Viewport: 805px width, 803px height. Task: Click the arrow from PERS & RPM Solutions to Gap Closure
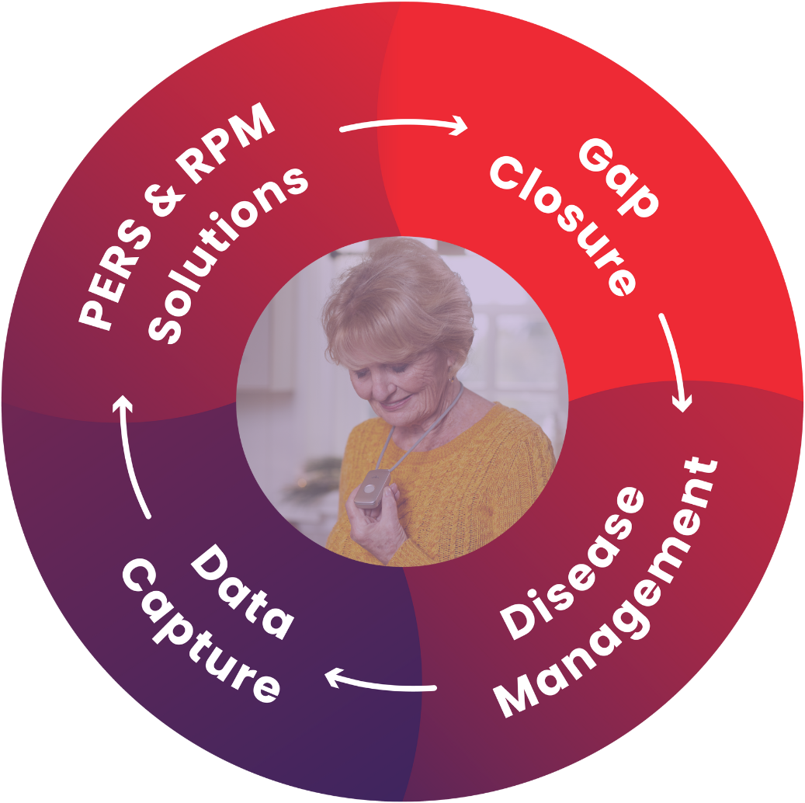pos(404,124)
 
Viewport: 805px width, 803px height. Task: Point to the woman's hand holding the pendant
pos(380,520)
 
